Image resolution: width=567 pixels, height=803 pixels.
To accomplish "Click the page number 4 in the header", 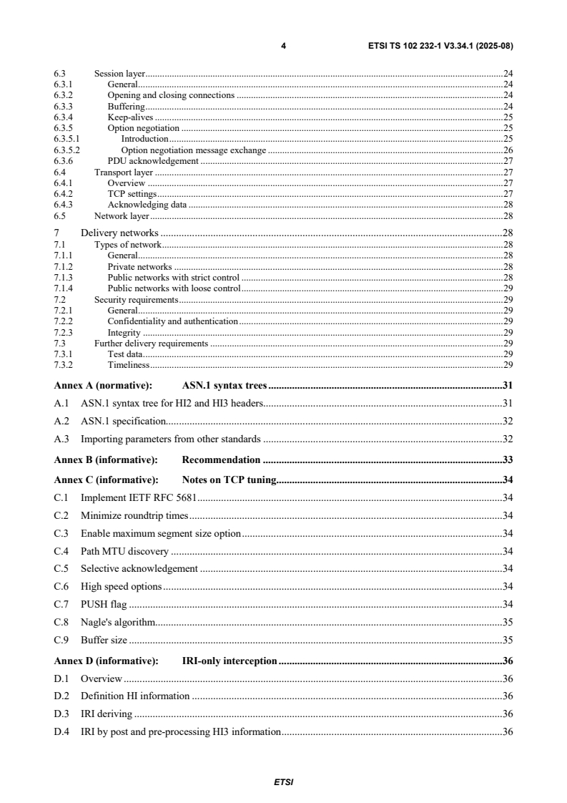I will click(x=284, y=46).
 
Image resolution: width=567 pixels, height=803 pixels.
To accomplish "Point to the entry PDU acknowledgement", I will click(x=152, y=161).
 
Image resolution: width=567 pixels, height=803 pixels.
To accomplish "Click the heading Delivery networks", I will click(x=119, y=233).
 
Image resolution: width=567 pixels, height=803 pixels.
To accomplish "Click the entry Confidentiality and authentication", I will click(x=172, y=321).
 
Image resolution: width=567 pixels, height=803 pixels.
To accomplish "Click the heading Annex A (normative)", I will click(x=99, y=385).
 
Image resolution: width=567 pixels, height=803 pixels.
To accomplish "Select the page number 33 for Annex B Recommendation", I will click(x=507, y=459).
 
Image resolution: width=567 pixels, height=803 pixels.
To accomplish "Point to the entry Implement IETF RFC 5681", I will click(x=139, y=497).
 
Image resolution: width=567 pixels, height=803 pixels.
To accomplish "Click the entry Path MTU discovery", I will click(x=124, y=550).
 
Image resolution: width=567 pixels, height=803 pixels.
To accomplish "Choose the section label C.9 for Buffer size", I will click(x=62, y=640).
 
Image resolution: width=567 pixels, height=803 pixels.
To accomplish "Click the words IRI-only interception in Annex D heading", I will click(x=229, y=661).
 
